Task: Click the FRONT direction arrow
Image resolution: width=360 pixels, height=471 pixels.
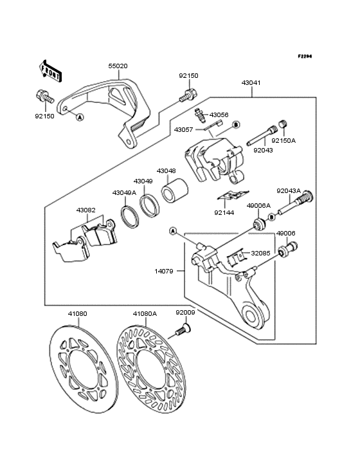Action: coord(51,71)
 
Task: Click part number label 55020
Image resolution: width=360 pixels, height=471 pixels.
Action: coord(118,66)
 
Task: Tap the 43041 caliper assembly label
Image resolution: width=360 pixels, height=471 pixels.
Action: coord(251,83)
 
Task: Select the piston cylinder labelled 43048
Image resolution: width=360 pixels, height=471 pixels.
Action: coord(175,190)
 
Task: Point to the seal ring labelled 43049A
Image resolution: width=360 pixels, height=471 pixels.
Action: coord(130,216)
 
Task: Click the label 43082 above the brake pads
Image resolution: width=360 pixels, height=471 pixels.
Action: coord(85,210)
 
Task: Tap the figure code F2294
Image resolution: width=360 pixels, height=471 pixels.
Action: coord(305,56)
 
